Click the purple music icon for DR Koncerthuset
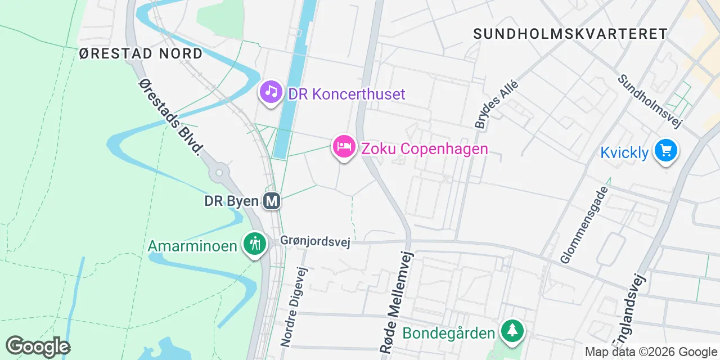tap(271, 91)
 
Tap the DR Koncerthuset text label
tap(346, 94)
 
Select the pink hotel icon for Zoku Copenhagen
tap(344, 147)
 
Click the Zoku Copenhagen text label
tap(424, 149)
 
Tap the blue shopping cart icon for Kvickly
tap(667, 151)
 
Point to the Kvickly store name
tap(624, 152)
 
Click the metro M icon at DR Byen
tap(272, 201)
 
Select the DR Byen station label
tap(231, 201)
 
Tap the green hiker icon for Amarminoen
tap(255, 244)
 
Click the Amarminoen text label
tap(192, 246)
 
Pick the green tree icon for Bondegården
tap(512, 330)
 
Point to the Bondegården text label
tap(448, 332)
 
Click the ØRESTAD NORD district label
tap(141, 54)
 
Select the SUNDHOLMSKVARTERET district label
tap(570, 34)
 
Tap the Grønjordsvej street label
tap(315, 242)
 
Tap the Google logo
tap(38, 346)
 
